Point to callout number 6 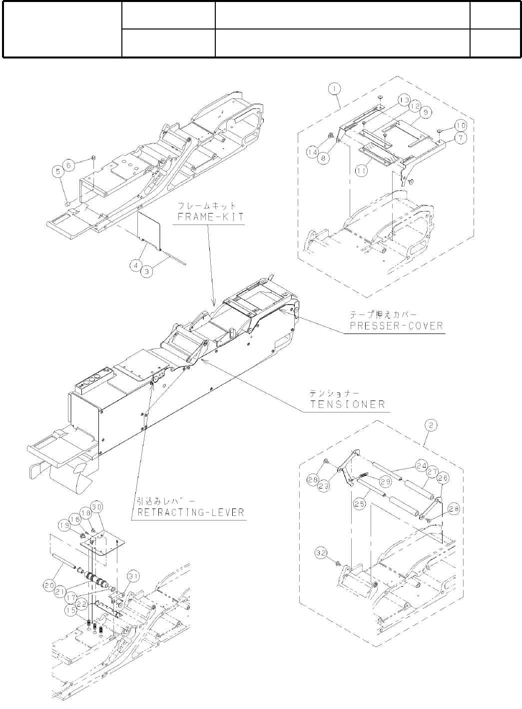(x=70, y=163)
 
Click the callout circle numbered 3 (x=147, y=270)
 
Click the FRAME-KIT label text (x=208, y=218)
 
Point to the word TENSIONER (x=348, y=404)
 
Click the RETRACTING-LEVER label (x=189, y=512)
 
